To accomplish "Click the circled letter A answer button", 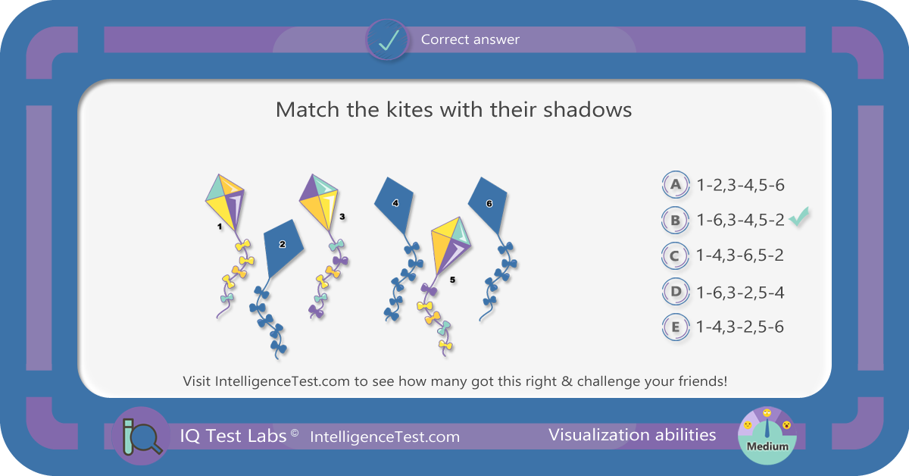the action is [x=676, y=184].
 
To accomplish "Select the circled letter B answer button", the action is [x=675, y=220].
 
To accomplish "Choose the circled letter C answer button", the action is [x=675, y=256].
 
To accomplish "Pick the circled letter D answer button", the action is [x=676, y=292].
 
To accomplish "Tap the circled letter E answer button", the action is [x=676, y=327].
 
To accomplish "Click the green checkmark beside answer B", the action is [x=799, y=217].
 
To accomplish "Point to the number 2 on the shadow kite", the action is [x=283, y=244].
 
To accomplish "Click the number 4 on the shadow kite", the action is [x=395, y=203].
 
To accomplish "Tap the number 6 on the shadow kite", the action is [x=489, y=203].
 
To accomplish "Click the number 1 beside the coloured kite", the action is [x=220, y=227].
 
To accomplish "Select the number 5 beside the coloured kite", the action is [x=452, y=280].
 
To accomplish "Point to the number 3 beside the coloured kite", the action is [x=342, y=217].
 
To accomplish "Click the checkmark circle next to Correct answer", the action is [x=388, y=40].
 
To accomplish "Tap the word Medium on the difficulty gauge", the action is [x=767, y=446].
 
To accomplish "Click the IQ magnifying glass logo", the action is [x=141, y=436].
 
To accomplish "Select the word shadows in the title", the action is [x=588, y=110].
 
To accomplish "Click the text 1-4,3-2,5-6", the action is [x=740, y=327].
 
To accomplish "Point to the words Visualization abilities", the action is [x=633, y=435].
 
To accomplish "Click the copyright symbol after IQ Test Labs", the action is [x=295, y=433].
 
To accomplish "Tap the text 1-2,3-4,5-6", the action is [x=741, y=185].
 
